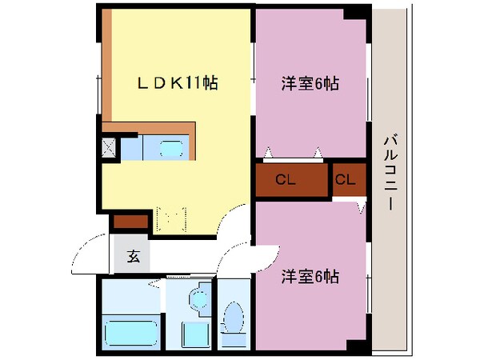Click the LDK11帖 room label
(177, 82)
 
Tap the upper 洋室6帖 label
(309, 82)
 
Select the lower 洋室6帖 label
(309, 277)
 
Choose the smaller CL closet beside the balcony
(345, 180)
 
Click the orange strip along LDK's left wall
(107, 64)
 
